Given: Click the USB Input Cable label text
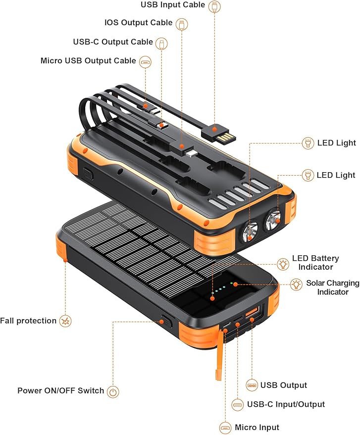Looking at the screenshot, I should coord(172,5).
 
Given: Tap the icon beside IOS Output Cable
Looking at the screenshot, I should coord(182,23).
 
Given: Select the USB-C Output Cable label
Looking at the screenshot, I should coord(113,42).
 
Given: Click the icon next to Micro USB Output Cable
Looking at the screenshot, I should coord(145,61).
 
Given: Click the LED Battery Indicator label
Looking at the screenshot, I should coord(315,263).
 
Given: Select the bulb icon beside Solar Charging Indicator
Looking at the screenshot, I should coord(296,284).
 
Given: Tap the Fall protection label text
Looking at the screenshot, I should coord(28,321).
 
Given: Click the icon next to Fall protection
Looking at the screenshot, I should coord(65,321).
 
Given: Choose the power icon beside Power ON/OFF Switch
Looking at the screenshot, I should coord(113,391).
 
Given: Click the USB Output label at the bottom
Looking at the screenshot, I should coord(284,385).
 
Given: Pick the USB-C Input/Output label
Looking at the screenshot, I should coord(286,404).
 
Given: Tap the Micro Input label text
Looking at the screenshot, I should coord(257,427).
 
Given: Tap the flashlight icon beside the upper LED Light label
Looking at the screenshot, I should coord(308,144).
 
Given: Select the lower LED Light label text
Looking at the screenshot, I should coord(336,175).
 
